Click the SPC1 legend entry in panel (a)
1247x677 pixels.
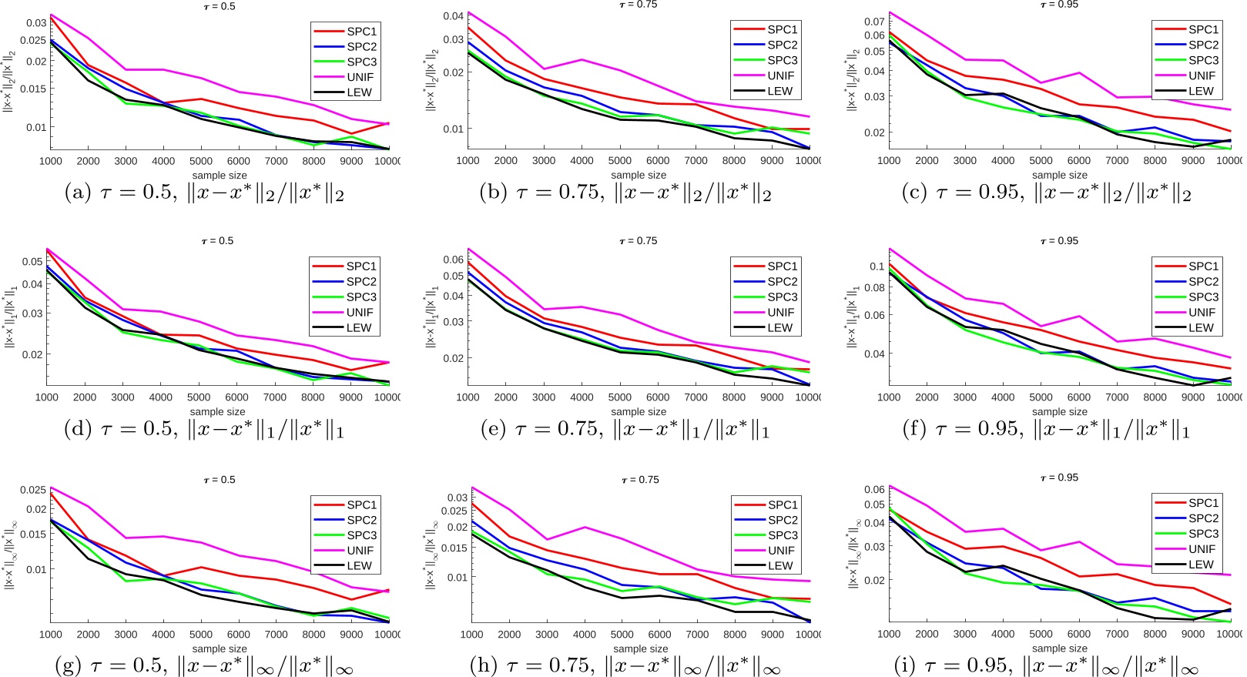(x=360, y=32)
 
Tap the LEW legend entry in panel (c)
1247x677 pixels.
(x=1200, y=91)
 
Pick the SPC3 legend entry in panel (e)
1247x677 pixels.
(x=782, y=297)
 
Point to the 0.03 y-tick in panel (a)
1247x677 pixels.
(x=36, y=23)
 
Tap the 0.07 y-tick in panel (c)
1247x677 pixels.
(x=874, y=21)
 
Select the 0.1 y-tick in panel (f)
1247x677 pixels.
(x=877, y=266)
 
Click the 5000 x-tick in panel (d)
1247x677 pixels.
(x=199, y=397)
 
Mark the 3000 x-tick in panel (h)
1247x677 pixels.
(x=547, y=635)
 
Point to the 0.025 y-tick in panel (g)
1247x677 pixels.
(x=33, y=490)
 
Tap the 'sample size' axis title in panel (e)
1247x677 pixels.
(x=639, y=412)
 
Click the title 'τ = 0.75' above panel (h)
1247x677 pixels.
(x=640, y=480)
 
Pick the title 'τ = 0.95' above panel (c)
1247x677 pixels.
(x=1059, y=5)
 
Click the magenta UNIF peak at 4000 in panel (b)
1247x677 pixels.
(x=582, y=60)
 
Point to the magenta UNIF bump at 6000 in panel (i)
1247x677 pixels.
(x=1079, y=542)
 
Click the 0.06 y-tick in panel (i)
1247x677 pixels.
(x=874, y=489)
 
